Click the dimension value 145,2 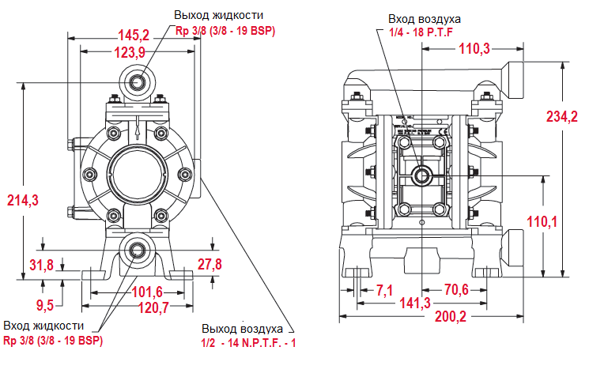coord(134,35)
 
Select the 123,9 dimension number coord(130,52)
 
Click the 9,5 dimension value coord(44,303)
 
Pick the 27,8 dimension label coord(210,263)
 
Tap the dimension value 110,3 coord(474,49)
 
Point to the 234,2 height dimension coord(562,115)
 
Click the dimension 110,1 coord(542,221)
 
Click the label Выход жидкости coord(219,15)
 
